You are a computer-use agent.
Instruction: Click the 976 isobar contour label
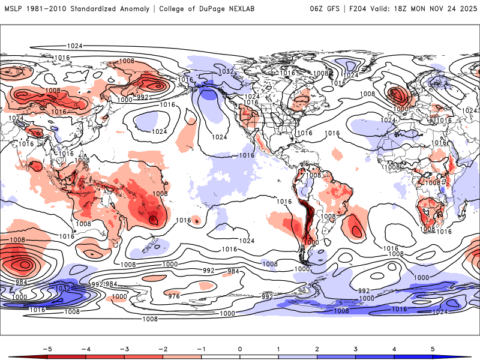(174, 296)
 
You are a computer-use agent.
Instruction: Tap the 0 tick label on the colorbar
(240, 348)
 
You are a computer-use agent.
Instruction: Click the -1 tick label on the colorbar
(201, 348)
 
